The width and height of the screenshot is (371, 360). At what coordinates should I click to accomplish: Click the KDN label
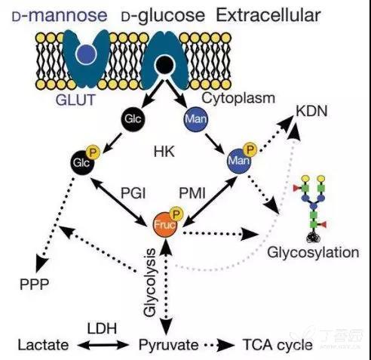[x=311, y=111]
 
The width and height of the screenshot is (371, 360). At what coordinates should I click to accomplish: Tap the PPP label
[x=34, y=285]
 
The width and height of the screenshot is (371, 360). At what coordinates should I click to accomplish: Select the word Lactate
[x=43, y=345]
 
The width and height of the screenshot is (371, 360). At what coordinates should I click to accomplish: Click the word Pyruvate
[x=168, y=345]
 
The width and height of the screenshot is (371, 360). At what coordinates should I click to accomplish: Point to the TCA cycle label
[x=277, y=345]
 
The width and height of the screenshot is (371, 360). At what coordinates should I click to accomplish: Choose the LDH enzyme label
[x=102, y=328]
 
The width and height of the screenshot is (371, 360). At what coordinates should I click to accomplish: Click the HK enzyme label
[x=164, y=152]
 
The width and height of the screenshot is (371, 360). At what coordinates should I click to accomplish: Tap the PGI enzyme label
[x=133, y=193]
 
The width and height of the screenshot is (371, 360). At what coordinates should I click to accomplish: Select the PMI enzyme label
[x=192, y=193]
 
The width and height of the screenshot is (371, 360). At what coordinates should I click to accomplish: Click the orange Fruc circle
[x=165, y=225]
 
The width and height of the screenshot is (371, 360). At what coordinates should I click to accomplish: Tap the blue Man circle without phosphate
[x=196, y=118]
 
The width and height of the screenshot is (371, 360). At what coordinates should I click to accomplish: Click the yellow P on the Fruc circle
[x=176, y=214]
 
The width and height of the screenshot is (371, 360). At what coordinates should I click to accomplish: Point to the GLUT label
[x=75, y=100]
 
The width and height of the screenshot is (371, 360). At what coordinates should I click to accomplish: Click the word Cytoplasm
[x=238, y=98]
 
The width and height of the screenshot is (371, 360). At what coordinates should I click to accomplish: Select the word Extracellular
[x=268, y=15]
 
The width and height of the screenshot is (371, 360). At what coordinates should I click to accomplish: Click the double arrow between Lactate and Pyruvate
[x=103, y=345]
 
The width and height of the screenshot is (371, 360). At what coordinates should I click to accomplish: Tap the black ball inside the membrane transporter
[x=165, y=65]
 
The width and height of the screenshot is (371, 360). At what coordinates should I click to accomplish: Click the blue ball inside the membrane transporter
[x=87, y=54]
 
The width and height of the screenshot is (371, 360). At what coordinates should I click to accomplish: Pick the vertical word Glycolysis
[x=150, y=282]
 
